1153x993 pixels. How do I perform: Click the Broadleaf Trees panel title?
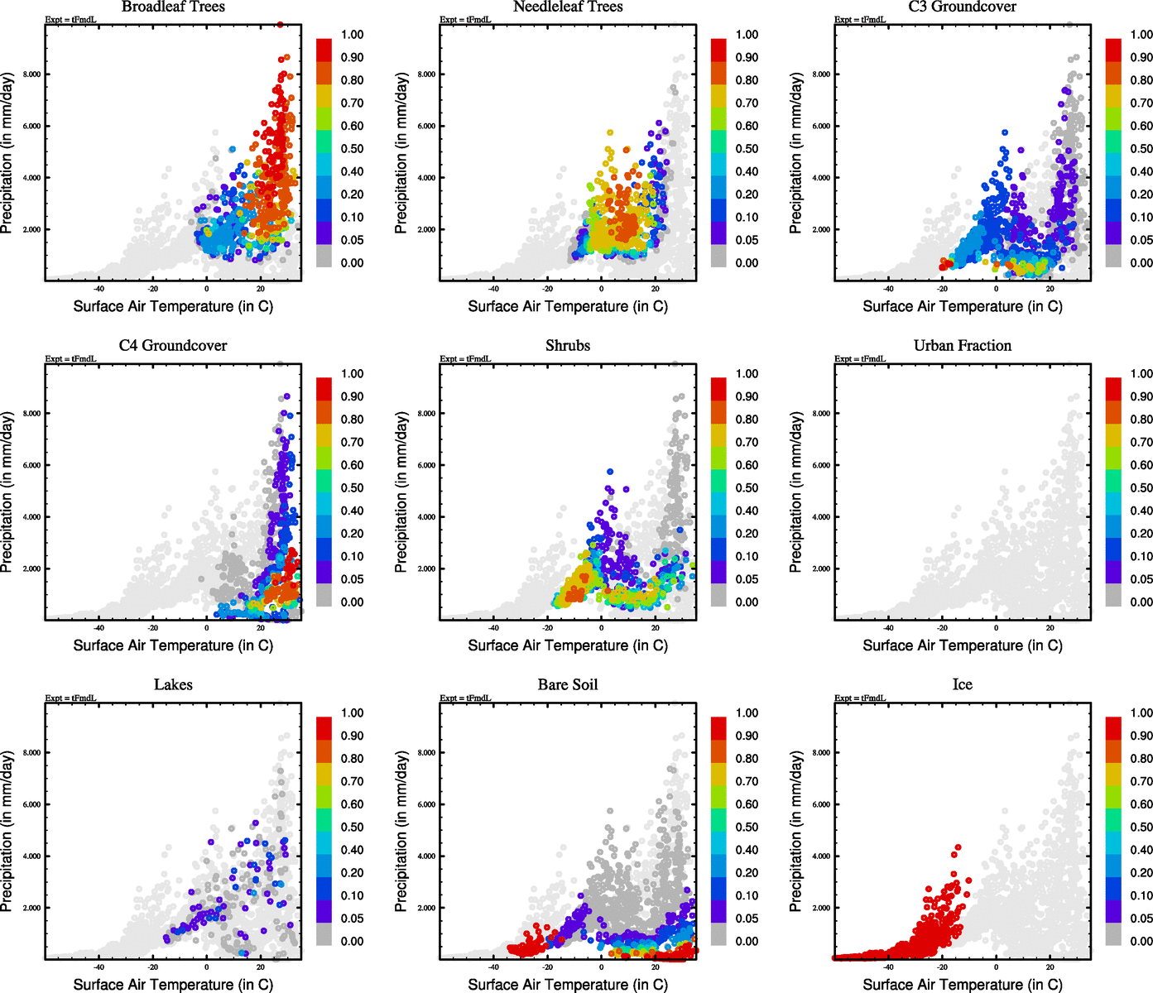tap(173, 7)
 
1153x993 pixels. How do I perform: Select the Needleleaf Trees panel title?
tap(568, 7)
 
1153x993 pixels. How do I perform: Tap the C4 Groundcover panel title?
tap(173, 346)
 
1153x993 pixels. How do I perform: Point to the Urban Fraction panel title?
tap(963, 346)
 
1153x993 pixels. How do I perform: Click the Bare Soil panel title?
tap(568, 685)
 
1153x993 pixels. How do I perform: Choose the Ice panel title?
tap(963, 685)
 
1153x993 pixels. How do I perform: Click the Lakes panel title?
tap(173, 685)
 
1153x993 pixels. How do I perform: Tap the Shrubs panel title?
tap(568, 346)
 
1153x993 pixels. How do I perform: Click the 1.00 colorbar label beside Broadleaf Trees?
tap(352, 35)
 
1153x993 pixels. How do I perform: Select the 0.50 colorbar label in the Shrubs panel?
tap(747, 488)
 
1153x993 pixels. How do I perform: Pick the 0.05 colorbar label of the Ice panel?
tap(1141, 919)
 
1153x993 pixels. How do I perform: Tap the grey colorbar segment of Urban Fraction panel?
tap(1113, 595)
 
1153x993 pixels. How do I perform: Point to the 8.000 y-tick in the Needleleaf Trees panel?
tap(426, 74)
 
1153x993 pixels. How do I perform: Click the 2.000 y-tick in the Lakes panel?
tap(31, 909)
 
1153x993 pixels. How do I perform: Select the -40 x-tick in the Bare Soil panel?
tap(493, 967)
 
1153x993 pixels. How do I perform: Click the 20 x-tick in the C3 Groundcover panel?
tap(1050, 289)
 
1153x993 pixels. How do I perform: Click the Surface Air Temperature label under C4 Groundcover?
tap(173, 645)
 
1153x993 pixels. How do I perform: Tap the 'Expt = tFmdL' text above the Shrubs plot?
tap(465, 359)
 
